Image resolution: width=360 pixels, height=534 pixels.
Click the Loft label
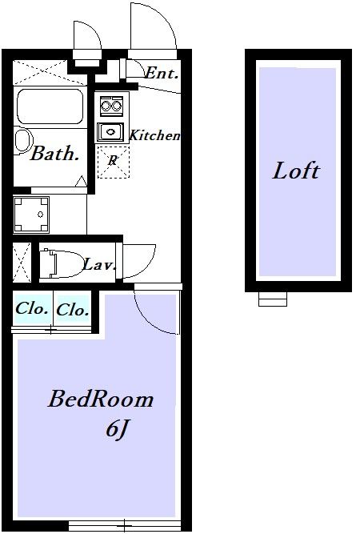tap(296, 171)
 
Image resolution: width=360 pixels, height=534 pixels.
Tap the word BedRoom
tap(100, 399)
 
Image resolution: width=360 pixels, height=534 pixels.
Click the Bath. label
tap(54, 153)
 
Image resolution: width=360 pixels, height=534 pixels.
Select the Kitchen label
tap(154, 135)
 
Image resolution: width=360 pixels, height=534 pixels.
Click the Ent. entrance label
tap(162, 73)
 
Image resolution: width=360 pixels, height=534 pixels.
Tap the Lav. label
tap(98, 265)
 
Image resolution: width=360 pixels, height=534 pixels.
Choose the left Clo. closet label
tap(32, 308)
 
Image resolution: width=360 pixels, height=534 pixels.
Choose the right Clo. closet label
tap(73, 310)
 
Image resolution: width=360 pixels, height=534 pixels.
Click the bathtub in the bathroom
tap(50, 106)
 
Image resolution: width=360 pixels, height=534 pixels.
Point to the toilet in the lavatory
tap(62, 263)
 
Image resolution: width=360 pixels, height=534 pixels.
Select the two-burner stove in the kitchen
tap(111, 106)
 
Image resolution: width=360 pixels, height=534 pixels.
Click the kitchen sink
tap(110, 132)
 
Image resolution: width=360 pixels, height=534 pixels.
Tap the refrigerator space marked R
tap(114, 162)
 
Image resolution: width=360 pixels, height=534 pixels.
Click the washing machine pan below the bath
tap(31, 215)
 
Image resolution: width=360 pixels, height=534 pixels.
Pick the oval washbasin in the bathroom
tap(23, 142)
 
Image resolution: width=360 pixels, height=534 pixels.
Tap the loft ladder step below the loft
tap(273, 299)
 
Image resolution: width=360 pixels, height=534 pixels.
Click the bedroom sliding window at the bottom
tap(125, 525)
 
